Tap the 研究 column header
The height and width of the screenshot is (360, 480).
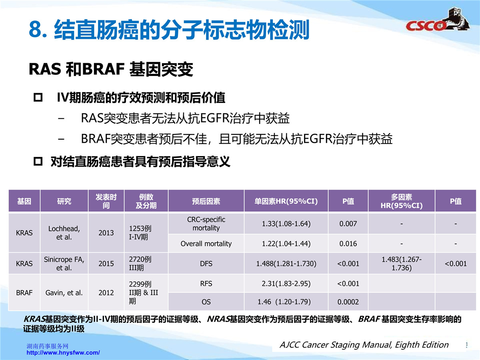[64, 201]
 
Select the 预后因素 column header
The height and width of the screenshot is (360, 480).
[206, 201]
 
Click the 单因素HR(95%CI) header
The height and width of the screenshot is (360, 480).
[286, 201]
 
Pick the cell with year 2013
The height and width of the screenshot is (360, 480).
[106, 233]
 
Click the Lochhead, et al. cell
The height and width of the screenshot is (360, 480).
[64, 233]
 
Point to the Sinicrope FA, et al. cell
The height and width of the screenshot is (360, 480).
[64, 264]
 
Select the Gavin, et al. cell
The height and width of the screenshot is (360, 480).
[64, 293]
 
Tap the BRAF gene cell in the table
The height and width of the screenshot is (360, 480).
[24, 293]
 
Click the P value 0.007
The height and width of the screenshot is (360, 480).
[348, 224]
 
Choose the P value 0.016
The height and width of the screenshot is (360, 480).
[348, 244]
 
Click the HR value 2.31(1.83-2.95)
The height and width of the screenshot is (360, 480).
[286, 284]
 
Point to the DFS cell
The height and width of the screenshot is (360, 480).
[206, 264]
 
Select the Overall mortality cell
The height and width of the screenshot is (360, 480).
[206, 244]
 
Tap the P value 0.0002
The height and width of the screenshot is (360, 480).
[348, 302]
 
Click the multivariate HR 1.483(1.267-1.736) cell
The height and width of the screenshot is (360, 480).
[402, 264]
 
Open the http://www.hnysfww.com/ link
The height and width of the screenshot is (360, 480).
[63, 352]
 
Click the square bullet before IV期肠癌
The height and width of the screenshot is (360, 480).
[38, 98]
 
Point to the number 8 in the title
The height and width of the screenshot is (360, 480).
[35, 29]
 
